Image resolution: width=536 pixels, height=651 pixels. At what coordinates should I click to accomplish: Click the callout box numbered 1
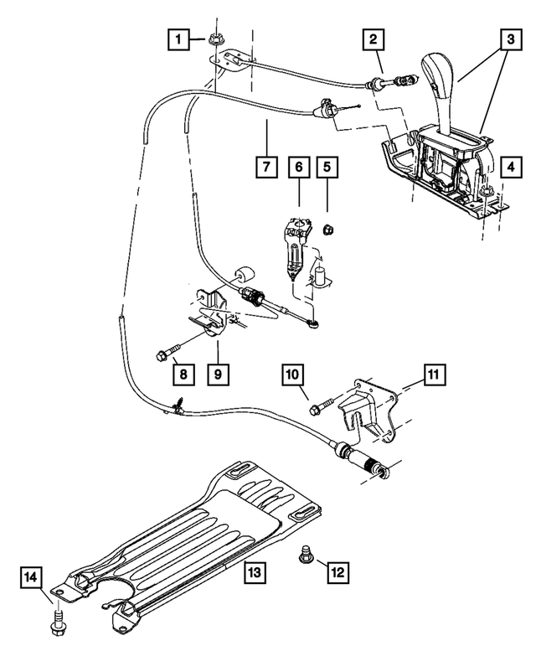[176, 39]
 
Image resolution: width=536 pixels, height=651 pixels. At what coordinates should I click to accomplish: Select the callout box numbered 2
[374, 39]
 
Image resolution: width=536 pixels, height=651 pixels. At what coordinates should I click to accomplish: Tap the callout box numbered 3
[507, 39]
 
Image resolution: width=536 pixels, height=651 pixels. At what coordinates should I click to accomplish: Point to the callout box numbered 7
[265, 168]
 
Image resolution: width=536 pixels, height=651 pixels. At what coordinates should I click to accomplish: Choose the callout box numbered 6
[296, 168]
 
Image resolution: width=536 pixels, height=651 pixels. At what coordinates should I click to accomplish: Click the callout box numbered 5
[327, 168]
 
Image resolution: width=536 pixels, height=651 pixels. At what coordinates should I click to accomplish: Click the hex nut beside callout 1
[214, 38]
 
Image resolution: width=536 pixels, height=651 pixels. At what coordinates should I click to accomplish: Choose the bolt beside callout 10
[322, 409]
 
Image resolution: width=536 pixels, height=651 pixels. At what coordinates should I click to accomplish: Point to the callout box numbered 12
[338, 572]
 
